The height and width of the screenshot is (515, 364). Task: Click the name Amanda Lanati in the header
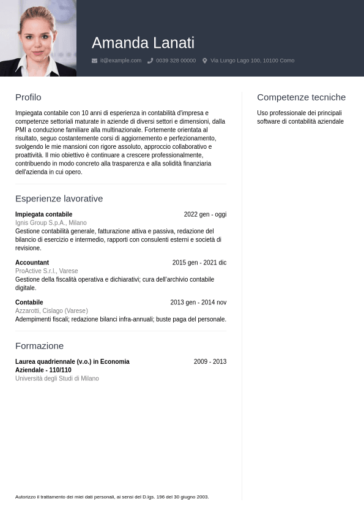[143, 43]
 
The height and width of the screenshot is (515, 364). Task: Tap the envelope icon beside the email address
[94, 61]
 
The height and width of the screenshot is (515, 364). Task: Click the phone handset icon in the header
[150, 61]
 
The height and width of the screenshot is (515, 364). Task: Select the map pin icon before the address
[205, 61]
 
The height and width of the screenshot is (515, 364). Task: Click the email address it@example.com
[121, 61]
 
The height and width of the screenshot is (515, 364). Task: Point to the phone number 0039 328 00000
[176, 61]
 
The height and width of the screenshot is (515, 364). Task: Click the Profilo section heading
[28, 97]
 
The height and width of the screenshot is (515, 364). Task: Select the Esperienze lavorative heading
[59, 198]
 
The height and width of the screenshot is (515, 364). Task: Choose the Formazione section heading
[39, 345]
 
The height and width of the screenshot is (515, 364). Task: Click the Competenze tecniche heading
[301, 97]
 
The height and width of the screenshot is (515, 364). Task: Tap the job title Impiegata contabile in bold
[43, 214]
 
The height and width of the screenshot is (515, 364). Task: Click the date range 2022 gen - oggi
[205, 214]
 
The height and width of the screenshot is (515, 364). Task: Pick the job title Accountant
[32, 263]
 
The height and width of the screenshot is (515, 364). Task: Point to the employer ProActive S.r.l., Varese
[46, 271]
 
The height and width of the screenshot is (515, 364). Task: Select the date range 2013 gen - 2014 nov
[198, 303]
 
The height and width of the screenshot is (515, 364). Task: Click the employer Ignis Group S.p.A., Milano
[51, 223]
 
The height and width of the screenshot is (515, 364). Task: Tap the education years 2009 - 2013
[210, 362]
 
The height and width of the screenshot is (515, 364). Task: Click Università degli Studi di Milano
[57, 378]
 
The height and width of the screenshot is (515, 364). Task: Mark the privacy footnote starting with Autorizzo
[112, 497]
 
